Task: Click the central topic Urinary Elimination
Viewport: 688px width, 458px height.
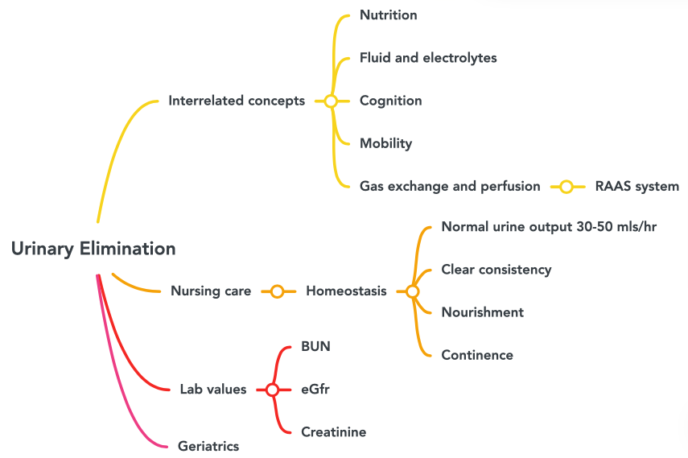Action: [x=93, y=250]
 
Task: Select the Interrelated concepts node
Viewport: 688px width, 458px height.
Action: [x=237, y=101]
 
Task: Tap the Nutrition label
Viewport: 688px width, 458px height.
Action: [x=388, y=15]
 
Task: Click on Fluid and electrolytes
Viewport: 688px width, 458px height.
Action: [x=428, y=58]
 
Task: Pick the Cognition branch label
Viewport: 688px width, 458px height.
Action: [x=390, y=101]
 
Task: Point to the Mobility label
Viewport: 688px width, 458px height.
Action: [x=385, y=144]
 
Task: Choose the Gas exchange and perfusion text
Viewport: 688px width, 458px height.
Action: [x=450, y=187]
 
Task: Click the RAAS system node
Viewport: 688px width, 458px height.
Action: [x=637, y=187]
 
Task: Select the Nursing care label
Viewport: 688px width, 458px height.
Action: [x=211, y=291]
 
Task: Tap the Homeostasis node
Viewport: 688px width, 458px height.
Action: [x=346, y=291]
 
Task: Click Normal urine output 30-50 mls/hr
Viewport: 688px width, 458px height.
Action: [x=549, y=227]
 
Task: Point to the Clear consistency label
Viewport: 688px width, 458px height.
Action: [x=496, y=270]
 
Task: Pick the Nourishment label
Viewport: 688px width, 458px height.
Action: [x=482, y=312]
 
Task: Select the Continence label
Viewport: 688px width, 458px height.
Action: [x=477, y=355]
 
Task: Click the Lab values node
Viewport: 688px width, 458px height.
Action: [x=213, y=390]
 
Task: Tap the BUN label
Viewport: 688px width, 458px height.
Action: [x=315, y=347]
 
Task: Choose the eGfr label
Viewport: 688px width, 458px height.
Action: [x=315, y=390]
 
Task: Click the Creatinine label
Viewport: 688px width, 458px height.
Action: [x=333, y=432]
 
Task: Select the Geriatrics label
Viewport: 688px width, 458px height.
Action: [x=208, y=446]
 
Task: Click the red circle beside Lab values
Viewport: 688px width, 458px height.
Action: [x=272, y=390]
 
